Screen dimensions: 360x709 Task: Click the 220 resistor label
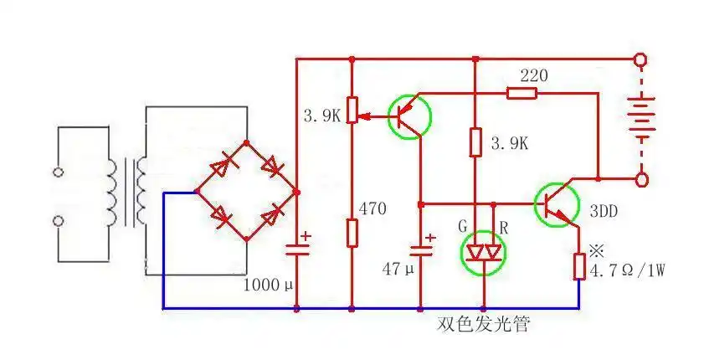(533, 75)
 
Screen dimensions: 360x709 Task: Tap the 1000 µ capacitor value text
(269, 285)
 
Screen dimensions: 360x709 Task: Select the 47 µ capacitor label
(398, 270)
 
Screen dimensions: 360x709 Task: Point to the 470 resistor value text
(372, 208)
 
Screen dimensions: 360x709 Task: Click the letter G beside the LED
(461, 226)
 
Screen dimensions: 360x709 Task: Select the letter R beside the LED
(504, 226)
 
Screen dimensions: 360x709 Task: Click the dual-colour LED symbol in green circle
(484, 252)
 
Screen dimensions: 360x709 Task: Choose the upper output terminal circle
(641, 59)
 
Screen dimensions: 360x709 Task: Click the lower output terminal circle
(641, 179)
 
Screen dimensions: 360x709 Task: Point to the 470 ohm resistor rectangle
(352, 233)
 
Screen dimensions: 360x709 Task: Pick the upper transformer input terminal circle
(59, 173)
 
